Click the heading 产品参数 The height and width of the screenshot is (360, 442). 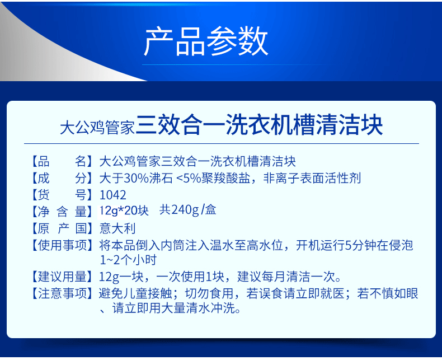pos(206,41)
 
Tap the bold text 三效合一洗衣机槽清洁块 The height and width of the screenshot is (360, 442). pos(259,125)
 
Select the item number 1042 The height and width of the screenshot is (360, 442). pos(113,195)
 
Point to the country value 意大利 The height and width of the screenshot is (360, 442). pos(117,228)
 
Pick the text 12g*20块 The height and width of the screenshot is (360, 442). pos(124,211)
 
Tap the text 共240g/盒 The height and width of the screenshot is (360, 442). pos(188,210)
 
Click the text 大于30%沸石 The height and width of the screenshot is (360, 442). pos(136,178)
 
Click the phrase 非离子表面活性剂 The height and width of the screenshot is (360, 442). pos(312,178)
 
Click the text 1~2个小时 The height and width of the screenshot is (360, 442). pos(128,260)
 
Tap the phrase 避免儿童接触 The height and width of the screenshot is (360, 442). pos(135,293)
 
